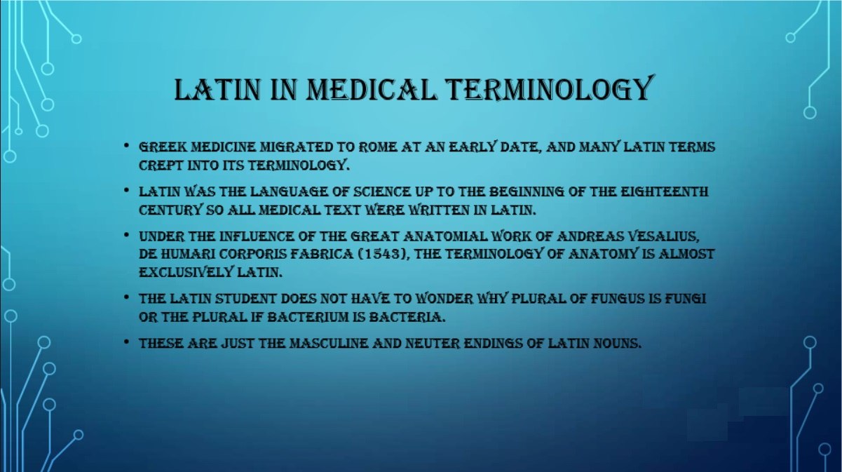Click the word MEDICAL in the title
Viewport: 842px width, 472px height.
(x=372, y=90)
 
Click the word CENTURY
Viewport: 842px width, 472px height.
(x=170, y=210)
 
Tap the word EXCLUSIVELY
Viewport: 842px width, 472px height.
(x=186, y=272)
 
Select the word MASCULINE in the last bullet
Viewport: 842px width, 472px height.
(x=330, y=344)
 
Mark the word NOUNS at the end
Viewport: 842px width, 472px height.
(x=617, y=344)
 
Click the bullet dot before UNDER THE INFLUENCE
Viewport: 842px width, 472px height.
(x=127, y=236)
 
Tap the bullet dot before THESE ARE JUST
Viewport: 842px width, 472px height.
(x=127, y=343)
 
